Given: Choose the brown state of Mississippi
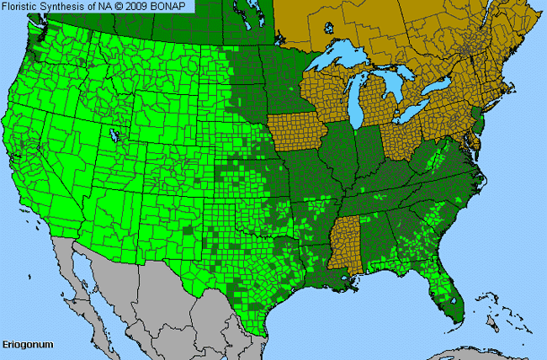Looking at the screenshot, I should click(345, 240).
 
